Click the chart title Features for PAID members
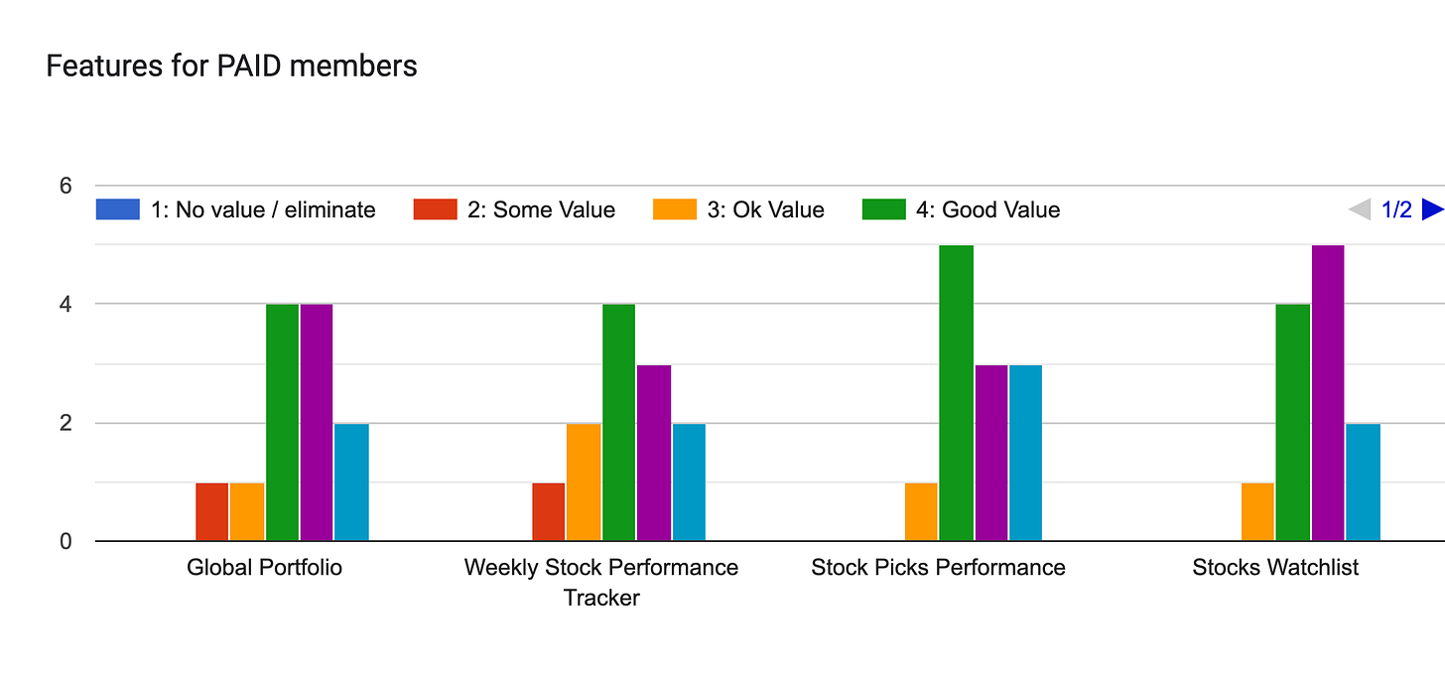[x=231, y=67]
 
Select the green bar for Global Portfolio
[x=282, y=422]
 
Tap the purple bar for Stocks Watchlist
[x=1328, y=393]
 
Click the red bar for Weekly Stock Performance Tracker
[x=549, y=511]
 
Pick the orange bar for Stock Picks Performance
[x=921, y=511]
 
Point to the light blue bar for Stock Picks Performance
[x=1025, y=453]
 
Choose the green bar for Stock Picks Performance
[x=956, y=393]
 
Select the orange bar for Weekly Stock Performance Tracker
[x=584, y=481]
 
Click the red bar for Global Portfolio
[x=212, y=511]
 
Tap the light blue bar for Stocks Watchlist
[x=1363, y=481]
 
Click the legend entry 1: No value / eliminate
[x=236, y=209]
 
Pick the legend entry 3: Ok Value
[x=738, y=209]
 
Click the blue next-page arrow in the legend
[x=1432, y=209]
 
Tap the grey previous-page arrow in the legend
[x=1359, y=209]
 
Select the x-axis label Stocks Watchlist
[x=1275, y=568]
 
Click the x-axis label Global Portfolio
[x=264, y=568]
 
